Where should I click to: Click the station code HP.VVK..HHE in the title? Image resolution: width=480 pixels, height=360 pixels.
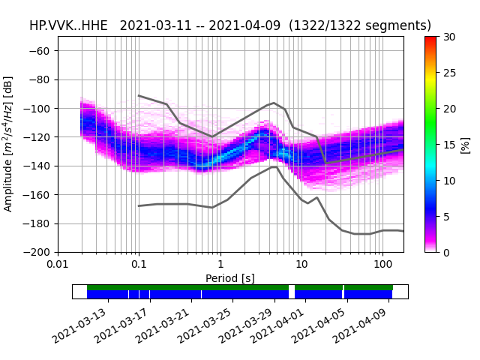coord(70,25)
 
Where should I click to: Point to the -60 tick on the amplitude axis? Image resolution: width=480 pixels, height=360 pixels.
coord(44,51)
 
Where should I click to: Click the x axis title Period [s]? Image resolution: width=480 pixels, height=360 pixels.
coord(230,278)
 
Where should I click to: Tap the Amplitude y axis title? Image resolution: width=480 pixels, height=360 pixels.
coord(9,144)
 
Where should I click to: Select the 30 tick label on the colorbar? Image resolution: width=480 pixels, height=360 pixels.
coord(448,37)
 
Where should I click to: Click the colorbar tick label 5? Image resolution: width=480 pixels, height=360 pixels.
coord(445,217)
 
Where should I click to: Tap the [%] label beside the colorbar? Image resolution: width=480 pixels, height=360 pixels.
coord(465,144)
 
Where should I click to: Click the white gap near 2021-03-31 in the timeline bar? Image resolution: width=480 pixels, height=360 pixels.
coord(292,292)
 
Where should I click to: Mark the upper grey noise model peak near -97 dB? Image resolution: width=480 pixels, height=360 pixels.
coord(274,103)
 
